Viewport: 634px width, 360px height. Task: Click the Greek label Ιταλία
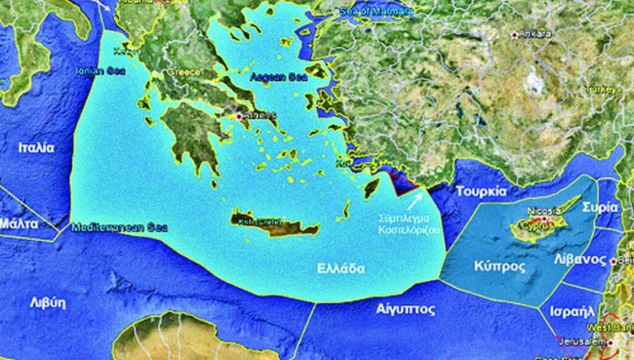point(36,148)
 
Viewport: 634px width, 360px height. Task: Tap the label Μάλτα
point(20,223)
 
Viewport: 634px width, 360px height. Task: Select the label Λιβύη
point(48,303)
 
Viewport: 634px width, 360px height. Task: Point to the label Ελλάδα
point(341,269)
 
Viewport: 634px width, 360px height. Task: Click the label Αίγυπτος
point(406,309)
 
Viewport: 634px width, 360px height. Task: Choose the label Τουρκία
point(481,191)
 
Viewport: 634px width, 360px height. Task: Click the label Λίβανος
point(580,259)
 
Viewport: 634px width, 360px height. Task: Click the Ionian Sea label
point(100,71)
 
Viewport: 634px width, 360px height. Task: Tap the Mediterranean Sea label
point(111,227)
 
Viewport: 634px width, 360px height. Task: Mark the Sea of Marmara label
point(376,11)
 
